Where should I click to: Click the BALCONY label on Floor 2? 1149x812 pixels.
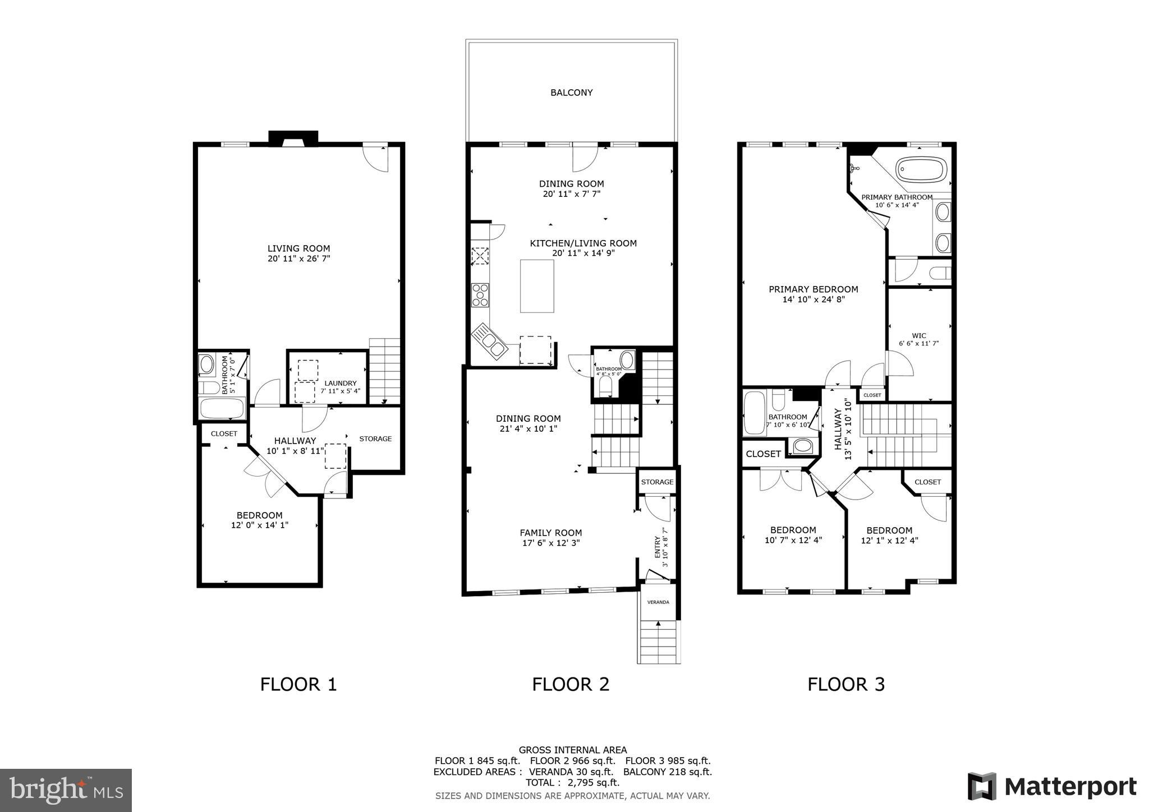click(x=571, y=93)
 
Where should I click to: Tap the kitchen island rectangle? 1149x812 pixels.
click(x=536, y=286)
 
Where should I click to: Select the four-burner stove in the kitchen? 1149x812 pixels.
click(x=480, y=295)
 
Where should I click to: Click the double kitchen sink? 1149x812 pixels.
click(x=490, y=341)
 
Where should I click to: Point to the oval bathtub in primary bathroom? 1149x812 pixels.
click(x=921, y=169)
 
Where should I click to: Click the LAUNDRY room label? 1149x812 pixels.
click(x=340, y=383)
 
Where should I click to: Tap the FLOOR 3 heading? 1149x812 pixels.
click(x=845, y=684)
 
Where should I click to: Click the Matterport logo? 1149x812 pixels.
click(x=1052, y=786)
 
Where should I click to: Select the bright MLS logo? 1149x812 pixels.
click(x=66, y=790)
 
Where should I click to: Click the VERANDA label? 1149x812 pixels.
click(x=658, y=602)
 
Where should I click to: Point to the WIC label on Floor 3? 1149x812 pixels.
click(x=919, y=335)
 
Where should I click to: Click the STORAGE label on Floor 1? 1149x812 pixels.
click(x=375, y=439)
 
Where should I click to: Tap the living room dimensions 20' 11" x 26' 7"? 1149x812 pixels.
click(x=298, y=259)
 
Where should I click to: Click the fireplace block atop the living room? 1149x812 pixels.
click(x=293, y=138)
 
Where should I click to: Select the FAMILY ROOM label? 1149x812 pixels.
click(x=550, y=533)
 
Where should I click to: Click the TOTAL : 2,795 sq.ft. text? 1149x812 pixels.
click(x=572, y=782)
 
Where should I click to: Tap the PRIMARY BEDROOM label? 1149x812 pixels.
click(x=813, y=289)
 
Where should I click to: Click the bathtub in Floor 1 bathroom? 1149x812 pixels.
click(x=222, y=408)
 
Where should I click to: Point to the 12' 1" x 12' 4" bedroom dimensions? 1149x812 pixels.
click(x=889, y=541)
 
